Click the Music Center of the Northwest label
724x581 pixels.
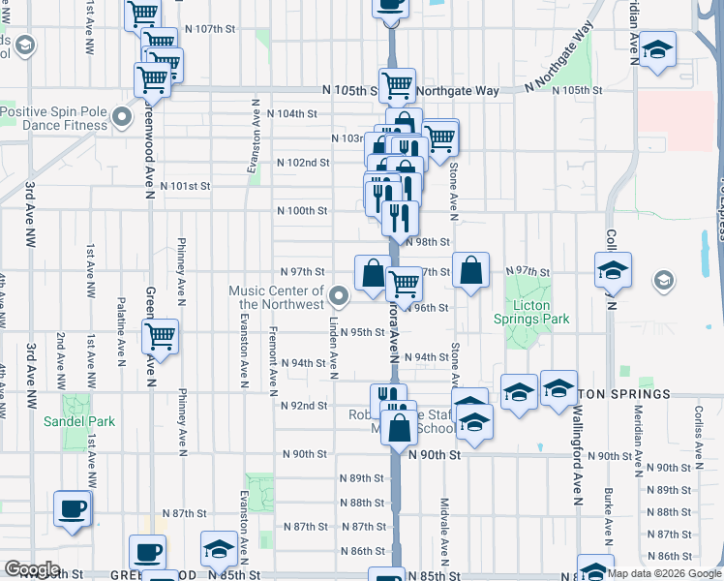[276, 297]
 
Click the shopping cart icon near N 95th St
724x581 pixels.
[160, 337]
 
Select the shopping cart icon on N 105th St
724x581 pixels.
[397, 85]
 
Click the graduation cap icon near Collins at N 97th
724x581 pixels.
[612, 271]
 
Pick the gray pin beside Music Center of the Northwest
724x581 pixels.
[339, 294]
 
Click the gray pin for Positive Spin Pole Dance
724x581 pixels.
[122, 118]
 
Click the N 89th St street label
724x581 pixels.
[362, 478]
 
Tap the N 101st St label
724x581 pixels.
[185, 185]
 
